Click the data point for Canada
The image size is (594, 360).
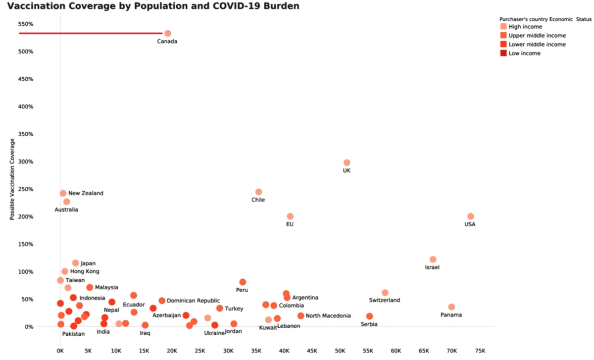(x=167, y=34)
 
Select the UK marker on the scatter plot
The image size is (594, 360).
(x=346, y=162)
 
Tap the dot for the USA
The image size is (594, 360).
(x=470, y=216)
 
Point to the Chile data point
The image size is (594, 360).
(x=258, y=192)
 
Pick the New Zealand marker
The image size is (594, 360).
(x=63, y=193)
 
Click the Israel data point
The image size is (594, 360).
(x=433, y=259)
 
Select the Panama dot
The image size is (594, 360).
(x=451, y=307)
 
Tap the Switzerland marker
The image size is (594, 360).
(x=385, y=293)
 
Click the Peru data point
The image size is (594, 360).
(x=243, y=282)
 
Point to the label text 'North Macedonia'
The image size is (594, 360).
(x=328, y=316)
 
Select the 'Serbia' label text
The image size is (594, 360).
(x=369, y=324)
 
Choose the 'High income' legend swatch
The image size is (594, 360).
(x=503, y=27)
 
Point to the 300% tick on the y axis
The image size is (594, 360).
(x=26, y=162)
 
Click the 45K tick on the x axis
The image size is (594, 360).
(x=312, y=351)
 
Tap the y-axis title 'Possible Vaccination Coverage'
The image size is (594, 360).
(x=12, y=179)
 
